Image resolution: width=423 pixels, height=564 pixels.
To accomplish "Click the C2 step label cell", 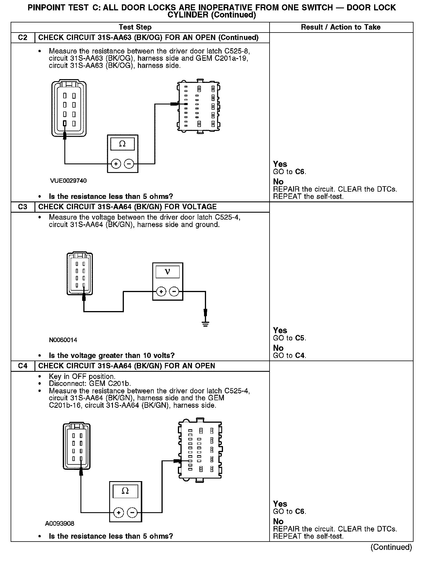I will coord(22,38).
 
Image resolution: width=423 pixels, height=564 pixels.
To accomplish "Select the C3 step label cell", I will coord(22,207).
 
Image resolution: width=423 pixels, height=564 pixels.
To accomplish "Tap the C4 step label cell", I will coord(22,366).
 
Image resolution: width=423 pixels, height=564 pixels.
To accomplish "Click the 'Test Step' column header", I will coord(135,27).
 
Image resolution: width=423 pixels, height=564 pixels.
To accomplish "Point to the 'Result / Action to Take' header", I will coord(341,27).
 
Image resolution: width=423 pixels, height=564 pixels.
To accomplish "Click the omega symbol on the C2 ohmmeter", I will coord(122,144).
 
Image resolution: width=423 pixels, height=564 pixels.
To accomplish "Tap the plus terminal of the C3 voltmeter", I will coord(161,292).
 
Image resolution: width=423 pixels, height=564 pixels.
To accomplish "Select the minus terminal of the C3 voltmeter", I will coord(174,292).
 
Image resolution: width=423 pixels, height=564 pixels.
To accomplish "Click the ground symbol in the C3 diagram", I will coord(205,324).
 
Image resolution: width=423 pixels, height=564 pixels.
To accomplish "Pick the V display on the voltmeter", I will coord(168,272).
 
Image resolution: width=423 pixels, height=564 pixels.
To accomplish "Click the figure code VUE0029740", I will coord(68,181).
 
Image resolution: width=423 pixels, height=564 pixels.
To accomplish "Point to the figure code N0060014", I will coord(63,340).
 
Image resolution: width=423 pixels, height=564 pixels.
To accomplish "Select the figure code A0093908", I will coord(59,523).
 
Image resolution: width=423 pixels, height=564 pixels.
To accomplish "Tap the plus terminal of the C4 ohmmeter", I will coord(118,512).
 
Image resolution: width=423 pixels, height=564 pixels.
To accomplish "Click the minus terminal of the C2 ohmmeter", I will coord(129,164).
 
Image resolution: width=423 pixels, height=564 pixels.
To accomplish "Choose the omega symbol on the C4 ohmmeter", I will coord(125,491).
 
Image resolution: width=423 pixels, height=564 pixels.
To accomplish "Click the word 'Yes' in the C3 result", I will coord(280,330).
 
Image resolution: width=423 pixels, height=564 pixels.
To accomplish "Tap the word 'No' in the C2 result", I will coord(278,182).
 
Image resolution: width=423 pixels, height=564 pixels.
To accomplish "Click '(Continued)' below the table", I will coord(391,547).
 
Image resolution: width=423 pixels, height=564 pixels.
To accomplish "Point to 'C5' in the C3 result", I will coord(300,338).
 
